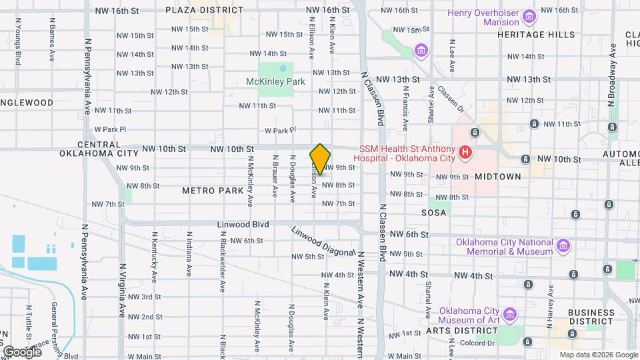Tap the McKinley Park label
coord(275,81)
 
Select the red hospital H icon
coord(466,153)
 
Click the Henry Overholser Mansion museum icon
coord(529,16)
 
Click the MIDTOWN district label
coord(497,177)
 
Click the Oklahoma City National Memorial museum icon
coord(563,246)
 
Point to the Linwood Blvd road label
coord(243,225)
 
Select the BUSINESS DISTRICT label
coord(590,317)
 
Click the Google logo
coord(21,351)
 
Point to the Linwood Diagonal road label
coord(324,241)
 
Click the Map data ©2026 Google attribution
coord(598,355)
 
